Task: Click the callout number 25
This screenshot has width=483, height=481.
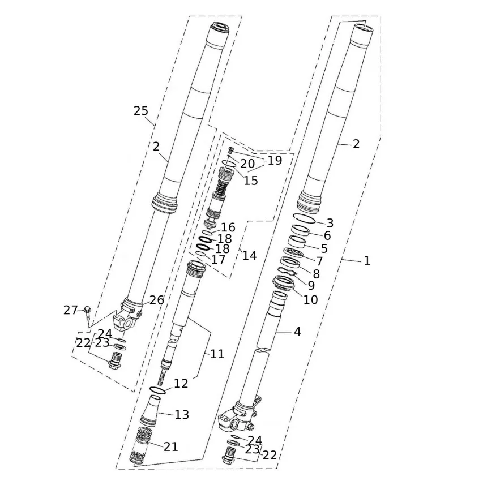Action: pos(141,111)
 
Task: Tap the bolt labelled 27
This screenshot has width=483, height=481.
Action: pos(87,311)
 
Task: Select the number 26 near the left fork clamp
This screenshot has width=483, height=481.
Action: pos(156,300)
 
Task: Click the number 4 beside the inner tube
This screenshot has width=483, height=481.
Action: pos(297,332)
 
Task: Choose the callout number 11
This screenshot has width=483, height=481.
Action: pos(217,354)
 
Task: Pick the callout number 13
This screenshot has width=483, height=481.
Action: pos(181,415)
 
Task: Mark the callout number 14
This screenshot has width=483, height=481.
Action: pos(249,256)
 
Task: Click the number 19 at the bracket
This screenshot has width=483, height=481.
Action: pos(275,161)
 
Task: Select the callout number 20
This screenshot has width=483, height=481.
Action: pos(247,164)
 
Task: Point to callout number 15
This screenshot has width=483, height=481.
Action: pos(250,181)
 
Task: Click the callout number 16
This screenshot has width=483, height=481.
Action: pos(228,227)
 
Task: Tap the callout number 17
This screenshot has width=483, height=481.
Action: pos(218,260)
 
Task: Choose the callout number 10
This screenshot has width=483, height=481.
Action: pos(310,299)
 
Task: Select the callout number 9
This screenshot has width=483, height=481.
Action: pos(311,286)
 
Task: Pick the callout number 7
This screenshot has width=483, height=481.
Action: pos(319,261)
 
